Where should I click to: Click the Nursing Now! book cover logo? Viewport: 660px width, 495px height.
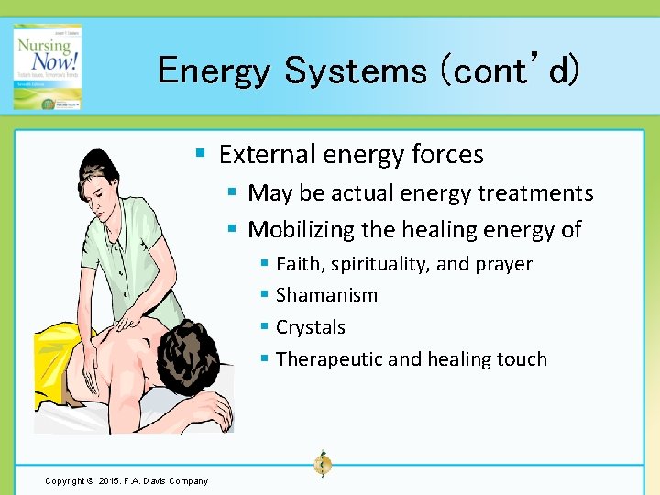tap(47, 67)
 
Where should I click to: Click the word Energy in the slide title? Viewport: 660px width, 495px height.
tap(213, 71)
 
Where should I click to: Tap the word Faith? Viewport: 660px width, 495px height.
tap(299, 264)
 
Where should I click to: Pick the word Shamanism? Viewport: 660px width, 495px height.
tap(326, 295)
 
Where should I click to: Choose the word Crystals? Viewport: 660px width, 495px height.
tap(311, 327)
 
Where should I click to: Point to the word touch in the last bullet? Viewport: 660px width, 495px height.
tap(522, 359)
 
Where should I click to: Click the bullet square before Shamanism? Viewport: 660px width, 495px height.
tap(264, 295)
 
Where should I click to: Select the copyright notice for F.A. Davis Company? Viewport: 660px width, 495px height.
tap(126, 480)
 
